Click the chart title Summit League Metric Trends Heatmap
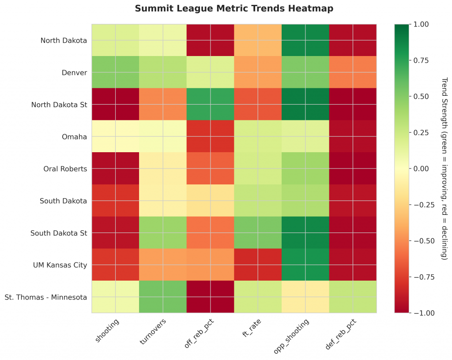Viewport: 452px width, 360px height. coord(234,8)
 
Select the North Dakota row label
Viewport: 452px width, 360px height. coord(64,41)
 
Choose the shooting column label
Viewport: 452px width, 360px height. coord(107,330)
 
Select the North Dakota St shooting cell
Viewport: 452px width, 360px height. coord(116,105)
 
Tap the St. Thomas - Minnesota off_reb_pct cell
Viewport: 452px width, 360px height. coord(211,297)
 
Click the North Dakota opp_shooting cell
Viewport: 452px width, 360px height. coord(305,41)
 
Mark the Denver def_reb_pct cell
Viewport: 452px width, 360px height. coord(353,72)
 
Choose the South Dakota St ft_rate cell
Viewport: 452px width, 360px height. coord(258,232)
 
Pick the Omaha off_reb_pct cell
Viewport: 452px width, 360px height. coord(211,136)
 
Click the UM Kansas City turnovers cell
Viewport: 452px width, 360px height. coord(163,265)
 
